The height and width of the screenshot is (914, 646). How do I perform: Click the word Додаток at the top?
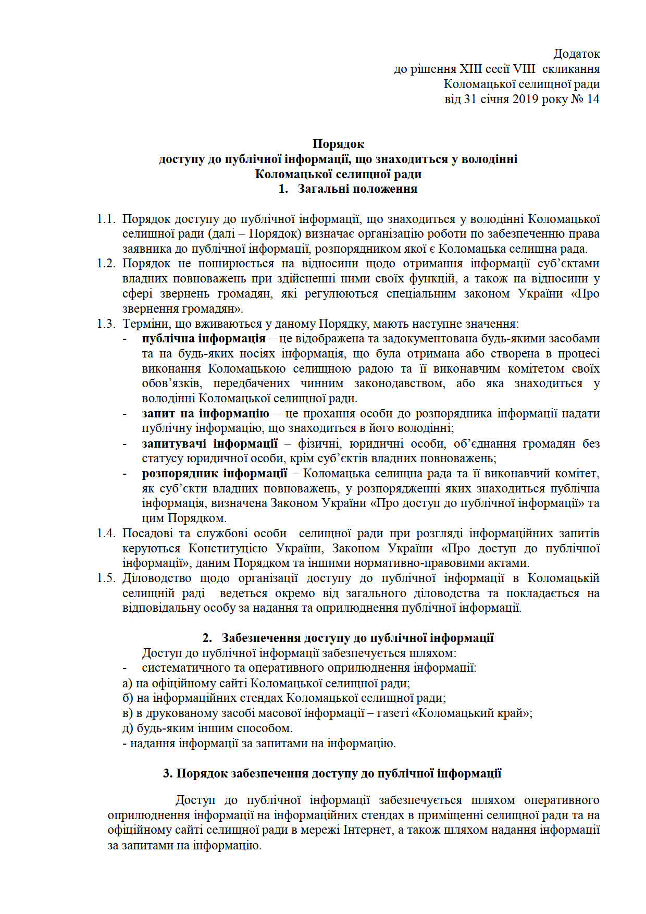pyautogui.click(x=576, y=54)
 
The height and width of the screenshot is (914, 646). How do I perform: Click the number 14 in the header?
pyautogui.click(x=593, y=99)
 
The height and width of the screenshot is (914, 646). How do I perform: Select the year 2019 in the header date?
pyautogui.click(x=527, y=99)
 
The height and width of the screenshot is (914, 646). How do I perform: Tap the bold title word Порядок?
pyautogui.click(x=338, y=144)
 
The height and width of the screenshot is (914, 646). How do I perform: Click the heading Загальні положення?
pyautogui.click(x=357, y=189)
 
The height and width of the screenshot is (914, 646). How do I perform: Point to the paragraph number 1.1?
pyautogui.click(x=106, y=219)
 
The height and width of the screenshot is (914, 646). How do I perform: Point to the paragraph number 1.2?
pyautogui.click(x=106, y=264)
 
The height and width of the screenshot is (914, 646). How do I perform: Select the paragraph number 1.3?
pyautogui.click(x=106, y=324)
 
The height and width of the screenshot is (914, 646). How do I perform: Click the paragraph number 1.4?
pyautogui.click(x=106, y=533)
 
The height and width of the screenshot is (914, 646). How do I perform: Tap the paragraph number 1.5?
pyautogui.click(x=106, y=578)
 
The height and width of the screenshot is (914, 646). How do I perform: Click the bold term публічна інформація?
pyautogui.click(x=204, y=339)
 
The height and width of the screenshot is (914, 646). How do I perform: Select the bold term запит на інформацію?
pyautogui.click(x=205, y=414)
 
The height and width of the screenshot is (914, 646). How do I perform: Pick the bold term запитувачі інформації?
pyautogui.click(x=209, y=444)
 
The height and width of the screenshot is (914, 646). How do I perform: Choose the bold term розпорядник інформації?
pyautogui.click(x=215, y=474)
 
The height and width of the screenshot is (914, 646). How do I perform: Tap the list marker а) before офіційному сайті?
pyautogui.click(x=127, y=683)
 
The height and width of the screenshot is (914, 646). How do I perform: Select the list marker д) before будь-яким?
pyautogui.click(x=128, y=728)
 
